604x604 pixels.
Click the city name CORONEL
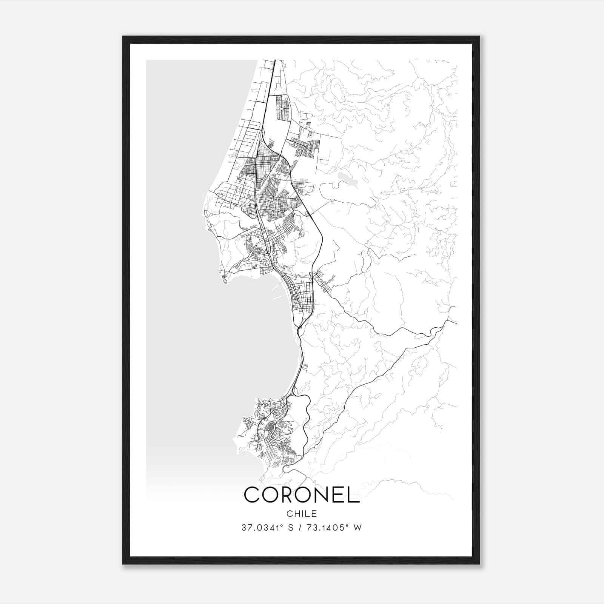[302, 495]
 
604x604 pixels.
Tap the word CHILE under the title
[302, 514]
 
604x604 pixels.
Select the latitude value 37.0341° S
[268, 528]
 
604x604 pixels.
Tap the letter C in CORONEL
[252, 495]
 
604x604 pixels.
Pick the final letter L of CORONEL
[354, 495]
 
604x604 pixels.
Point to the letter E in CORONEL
[341, 495]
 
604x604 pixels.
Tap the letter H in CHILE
[296, 514]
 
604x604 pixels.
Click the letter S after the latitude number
[291, 528]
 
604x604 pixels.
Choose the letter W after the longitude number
[358, 528]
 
